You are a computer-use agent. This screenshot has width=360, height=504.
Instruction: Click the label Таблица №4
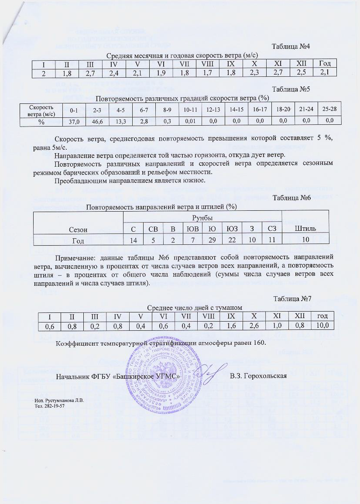291,46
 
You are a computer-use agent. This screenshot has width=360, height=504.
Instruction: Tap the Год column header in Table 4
324,64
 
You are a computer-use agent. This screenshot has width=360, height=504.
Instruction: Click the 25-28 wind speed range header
329,109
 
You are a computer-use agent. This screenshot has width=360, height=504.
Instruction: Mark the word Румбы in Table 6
202,217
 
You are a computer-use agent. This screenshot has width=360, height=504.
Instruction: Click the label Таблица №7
291,298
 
